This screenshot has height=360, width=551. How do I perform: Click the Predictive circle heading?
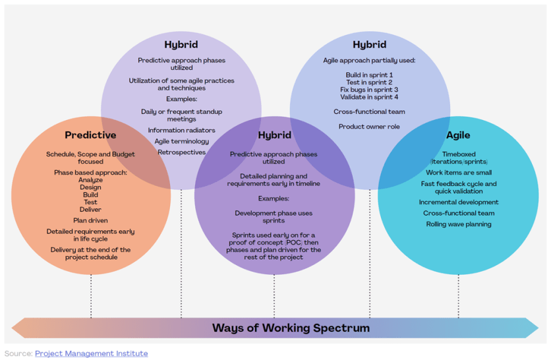point(90,135)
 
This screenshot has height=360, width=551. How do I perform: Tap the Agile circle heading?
point(458,135)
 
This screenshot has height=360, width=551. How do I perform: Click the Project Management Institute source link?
point(91,353)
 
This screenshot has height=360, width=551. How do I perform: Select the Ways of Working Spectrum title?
point(291,328)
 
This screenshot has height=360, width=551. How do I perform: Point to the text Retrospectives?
point(181,152)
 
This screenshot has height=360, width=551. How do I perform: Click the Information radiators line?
point(181,131)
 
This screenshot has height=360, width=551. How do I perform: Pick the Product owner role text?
point(369,127)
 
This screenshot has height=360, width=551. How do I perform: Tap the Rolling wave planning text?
point(458,224)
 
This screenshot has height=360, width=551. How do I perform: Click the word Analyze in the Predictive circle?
point(90,180)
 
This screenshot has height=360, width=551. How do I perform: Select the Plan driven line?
point(90,220)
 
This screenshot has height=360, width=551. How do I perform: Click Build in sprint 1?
point(369,75)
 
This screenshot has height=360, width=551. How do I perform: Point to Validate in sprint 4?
point(369,97)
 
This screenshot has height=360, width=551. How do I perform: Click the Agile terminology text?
point(181,141)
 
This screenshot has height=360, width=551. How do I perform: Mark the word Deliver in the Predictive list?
point(90,210)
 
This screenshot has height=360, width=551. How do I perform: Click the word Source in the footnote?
point(18,353)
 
